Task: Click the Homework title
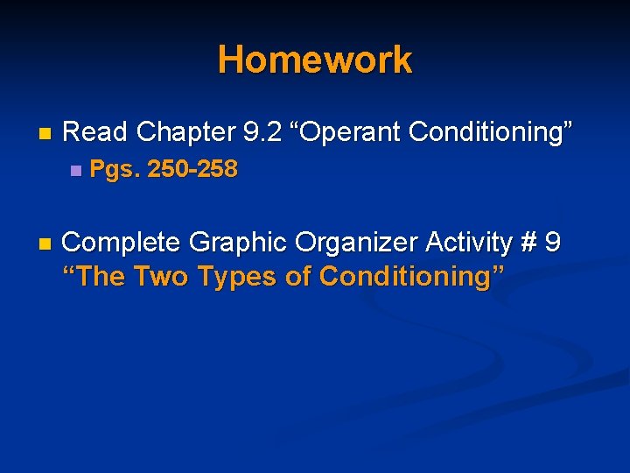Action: coord(315,60)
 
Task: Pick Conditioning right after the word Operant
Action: coord(490,133)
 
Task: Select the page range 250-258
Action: coord(192,169)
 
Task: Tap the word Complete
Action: coord(122,242)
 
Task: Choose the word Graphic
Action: coord(230,242)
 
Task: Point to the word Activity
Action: coord(464,242)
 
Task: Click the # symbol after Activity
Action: coord(527,242)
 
